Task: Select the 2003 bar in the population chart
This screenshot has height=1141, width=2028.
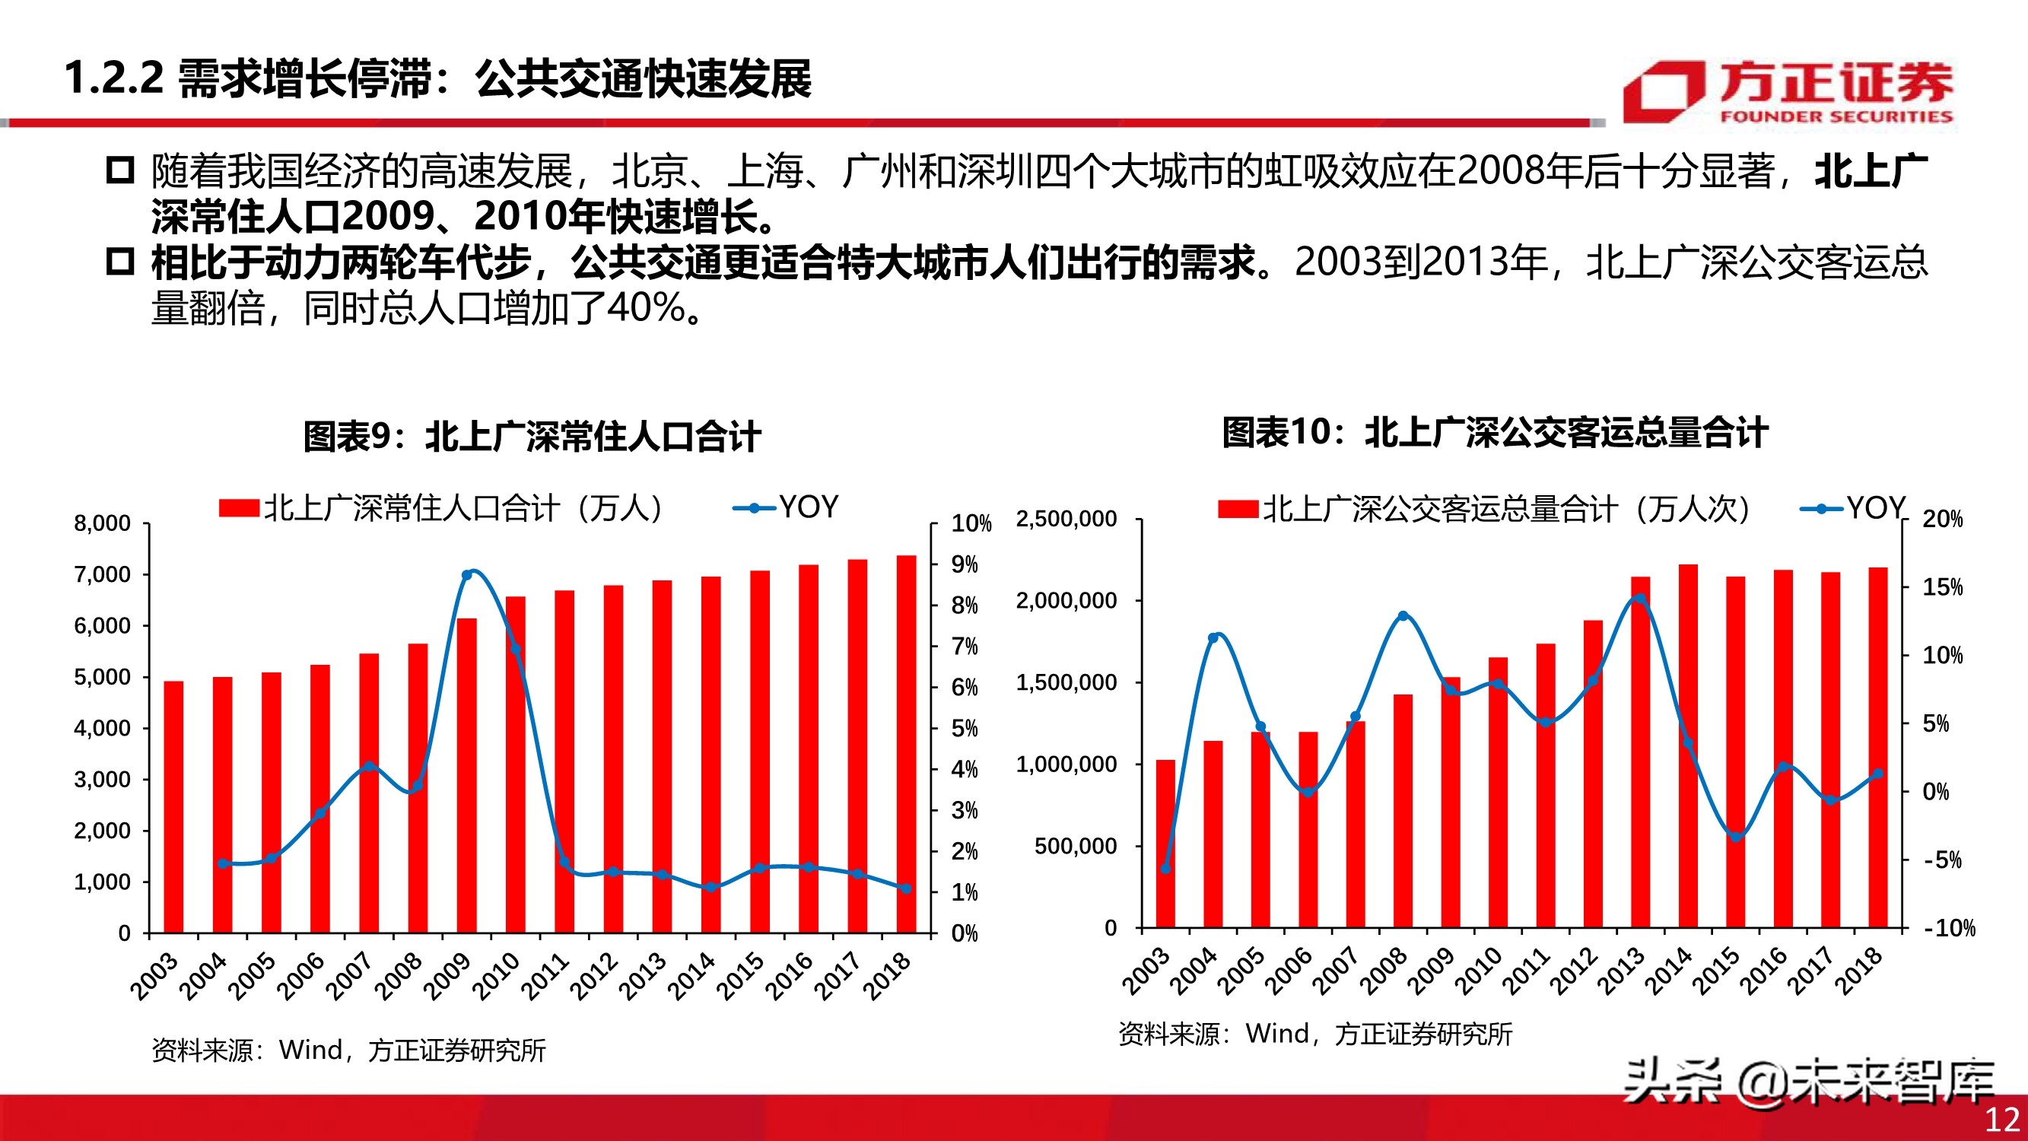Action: (x=173, y=807)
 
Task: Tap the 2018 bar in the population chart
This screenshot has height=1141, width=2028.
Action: (x=905, y=744)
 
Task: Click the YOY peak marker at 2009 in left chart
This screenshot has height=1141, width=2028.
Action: (x=466, y=575)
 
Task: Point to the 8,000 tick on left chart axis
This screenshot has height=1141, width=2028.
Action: (x=103, y=523)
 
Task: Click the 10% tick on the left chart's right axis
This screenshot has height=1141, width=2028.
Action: (x=971, y=523)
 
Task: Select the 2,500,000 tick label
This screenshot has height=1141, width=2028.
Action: (x=1066, y=519)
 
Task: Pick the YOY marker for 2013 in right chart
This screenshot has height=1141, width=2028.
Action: (x=1640, y=599)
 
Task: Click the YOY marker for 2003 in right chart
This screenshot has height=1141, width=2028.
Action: (x=1165, y=869)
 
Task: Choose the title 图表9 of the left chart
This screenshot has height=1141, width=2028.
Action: (x=532, y=436)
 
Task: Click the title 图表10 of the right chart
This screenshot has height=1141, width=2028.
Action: (x=1494, y=432)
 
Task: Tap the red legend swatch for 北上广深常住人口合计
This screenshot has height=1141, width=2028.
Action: (x=239, y=509)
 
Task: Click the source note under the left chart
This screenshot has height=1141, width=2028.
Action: (x=348, y=1050)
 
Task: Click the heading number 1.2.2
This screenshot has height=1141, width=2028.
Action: (x=113, y=79)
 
